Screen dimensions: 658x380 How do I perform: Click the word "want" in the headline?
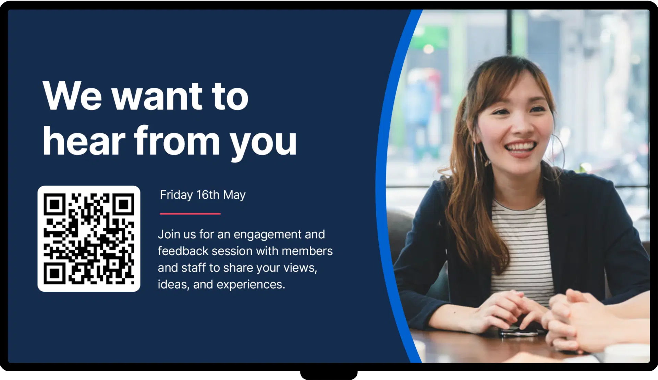[157, 97]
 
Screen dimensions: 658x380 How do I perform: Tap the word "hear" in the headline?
[84, 141]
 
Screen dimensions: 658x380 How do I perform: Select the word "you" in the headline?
[263, 144]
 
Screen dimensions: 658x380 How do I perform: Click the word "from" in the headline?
[177, 141]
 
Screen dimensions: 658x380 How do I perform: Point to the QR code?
[89, 239]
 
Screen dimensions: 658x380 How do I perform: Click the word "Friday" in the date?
[176, 195]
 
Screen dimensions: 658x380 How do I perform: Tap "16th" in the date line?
[208, 195]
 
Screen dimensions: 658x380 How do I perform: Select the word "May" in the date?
[234, 195]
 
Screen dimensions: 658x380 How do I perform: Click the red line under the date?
[190, 214]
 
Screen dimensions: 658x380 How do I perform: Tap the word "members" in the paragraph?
[307, 251]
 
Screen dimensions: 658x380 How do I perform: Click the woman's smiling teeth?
[521, 147]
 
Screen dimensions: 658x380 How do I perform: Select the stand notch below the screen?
[329, 375]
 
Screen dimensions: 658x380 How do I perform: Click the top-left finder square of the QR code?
[54, 204]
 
